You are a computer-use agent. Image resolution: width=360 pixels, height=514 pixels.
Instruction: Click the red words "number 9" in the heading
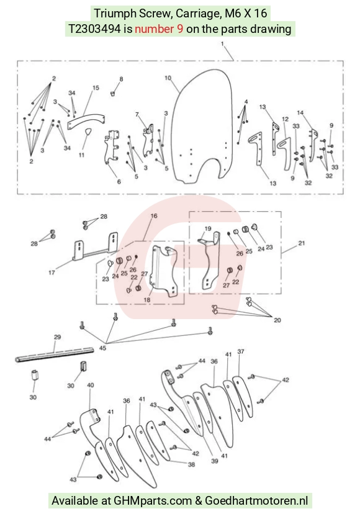pos(159,29)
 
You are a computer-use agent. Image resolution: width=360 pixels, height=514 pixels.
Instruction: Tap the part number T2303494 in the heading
pos(94,29)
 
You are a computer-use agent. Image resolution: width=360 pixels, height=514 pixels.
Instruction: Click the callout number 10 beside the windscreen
pos(168,78)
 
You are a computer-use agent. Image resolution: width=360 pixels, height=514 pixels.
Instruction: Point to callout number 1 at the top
pos(222,43)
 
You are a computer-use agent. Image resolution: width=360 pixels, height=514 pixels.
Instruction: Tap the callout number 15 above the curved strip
pos(96,88)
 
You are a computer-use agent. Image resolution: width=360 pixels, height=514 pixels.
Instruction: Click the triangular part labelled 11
pos(88,132)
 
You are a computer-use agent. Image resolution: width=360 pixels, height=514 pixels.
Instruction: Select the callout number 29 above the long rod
pos(57,337)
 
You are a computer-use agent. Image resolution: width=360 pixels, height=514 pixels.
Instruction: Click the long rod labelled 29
pos(55,355)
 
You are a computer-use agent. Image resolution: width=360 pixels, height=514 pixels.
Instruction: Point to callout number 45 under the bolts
pos(102,348)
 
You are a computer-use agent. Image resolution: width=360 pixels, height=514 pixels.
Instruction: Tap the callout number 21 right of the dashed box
pos(301,243)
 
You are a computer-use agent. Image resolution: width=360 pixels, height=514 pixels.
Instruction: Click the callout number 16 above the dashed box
pos(154,215)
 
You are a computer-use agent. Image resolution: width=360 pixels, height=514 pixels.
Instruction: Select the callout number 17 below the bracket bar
pos(52,272)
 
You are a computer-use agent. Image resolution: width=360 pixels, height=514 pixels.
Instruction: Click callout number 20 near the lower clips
pos(277,320)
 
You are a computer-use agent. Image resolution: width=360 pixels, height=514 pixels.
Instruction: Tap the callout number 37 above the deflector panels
pos(241,351)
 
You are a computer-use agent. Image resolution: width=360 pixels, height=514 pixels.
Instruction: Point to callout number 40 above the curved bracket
pos(90,385)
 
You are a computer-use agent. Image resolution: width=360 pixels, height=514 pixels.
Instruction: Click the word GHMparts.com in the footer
pos(153,500)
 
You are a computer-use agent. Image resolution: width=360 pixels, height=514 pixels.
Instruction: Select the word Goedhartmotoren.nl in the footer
pos(256,500)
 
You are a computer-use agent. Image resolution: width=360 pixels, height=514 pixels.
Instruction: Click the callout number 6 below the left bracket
pos(119,181)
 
